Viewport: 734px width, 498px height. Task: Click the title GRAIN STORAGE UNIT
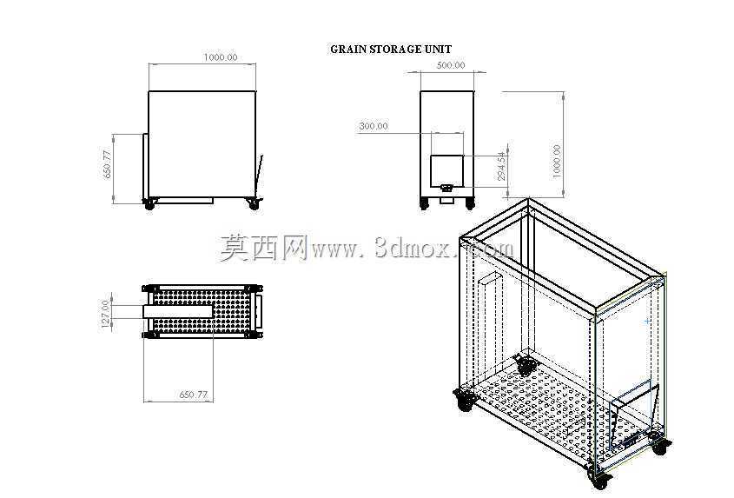[391, 50]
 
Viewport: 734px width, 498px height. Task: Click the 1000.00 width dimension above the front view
[221, 57]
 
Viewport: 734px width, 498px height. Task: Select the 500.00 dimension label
[451, 65]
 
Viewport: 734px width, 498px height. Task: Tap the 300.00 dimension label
[374, 126]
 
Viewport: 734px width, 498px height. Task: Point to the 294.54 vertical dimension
[502, 166]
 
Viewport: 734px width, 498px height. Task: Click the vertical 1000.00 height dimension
[557, 161]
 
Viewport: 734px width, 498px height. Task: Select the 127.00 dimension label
[106, 313]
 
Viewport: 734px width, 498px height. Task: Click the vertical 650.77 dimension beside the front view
[107, 164]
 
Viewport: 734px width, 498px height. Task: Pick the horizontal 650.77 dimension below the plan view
[194, 395]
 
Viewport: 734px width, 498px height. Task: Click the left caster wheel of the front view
[149, 205]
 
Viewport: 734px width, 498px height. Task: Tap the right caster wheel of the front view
[254, 205]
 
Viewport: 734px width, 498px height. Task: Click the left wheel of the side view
[425, 204]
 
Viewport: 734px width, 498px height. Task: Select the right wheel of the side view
[470, 204]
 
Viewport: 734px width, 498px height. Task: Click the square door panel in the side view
[447, 170]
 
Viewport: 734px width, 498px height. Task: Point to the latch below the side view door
[447, 189]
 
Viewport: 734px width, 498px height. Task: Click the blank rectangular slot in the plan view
[178, 311]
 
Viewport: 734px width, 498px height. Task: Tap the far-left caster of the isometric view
[465, 401]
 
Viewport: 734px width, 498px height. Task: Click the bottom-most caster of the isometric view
[599, 479]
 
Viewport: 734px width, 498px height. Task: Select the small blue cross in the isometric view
[647, 322]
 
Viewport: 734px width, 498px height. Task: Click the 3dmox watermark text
[367, 248]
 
